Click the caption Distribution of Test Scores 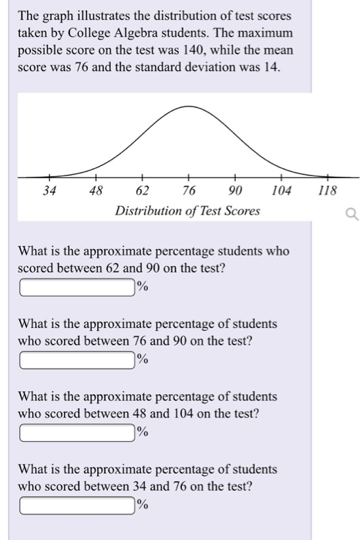point(187,211)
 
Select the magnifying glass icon point(352,217)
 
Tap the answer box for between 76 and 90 point(77,360)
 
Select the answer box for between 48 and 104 point(77,432)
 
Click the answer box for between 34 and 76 point(77,505)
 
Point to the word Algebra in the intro point(145,32)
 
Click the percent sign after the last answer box point(142,505)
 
